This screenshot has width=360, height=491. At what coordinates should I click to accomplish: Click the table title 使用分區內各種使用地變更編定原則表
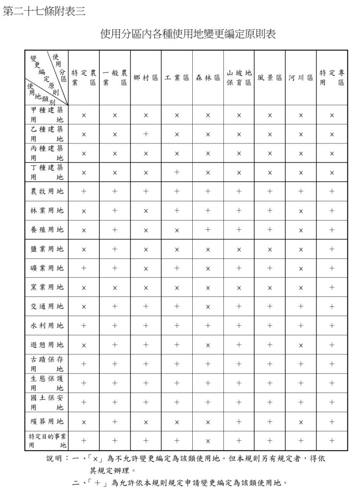188,35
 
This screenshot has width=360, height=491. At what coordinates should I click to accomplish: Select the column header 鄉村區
146,78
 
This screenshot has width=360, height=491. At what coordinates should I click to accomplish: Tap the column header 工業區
177,78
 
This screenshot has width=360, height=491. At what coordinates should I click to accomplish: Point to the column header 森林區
208,78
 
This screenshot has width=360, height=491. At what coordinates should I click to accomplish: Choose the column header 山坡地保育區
239,78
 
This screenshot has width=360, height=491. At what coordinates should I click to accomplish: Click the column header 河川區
301,78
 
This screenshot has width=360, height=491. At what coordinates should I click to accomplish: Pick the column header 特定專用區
332,78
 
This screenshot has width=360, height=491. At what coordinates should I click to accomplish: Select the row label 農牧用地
46,191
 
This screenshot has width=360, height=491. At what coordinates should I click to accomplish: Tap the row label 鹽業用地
46,249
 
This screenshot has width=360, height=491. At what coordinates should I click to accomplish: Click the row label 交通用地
46,306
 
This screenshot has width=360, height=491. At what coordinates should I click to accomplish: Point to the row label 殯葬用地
46,421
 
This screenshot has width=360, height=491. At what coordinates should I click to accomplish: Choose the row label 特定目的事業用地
46,440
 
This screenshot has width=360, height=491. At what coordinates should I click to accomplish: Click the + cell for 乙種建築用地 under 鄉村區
146,134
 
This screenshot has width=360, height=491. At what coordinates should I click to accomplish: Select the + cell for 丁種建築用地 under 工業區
177,172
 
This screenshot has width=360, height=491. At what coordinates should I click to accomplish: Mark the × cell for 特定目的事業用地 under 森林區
208,441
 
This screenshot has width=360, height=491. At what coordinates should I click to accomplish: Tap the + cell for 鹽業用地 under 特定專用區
332,249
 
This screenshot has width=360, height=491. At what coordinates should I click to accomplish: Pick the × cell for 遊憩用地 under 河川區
301,345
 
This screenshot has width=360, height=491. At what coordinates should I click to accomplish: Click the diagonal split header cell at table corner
46,78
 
